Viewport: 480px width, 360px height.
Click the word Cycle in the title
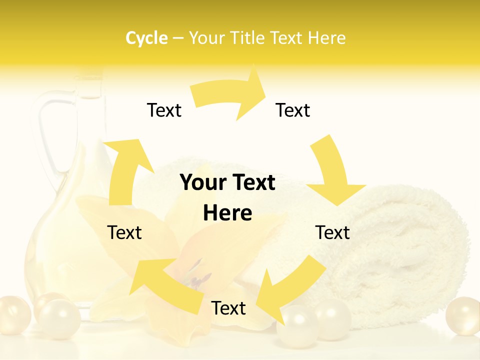pyautogui.click(x=146, y=38)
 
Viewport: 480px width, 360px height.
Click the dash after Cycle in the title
pyautogui.click(x=178, y=38)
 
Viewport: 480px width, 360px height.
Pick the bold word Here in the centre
pyautogui.click(x=227, y=213)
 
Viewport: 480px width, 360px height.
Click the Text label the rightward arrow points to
pyautogui.click(x=293, y=110)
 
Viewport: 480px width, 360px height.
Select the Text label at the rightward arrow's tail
pyautogui.click(x=164, y=110)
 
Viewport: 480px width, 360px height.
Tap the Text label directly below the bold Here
pyautogui.click(x=228, y=308)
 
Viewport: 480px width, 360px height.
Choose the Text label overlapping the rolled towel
pyautogui.click(x=332, y=232)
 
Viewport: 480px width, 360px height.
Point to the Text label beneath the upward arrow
pyautogui.click(x=124, y=232)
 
